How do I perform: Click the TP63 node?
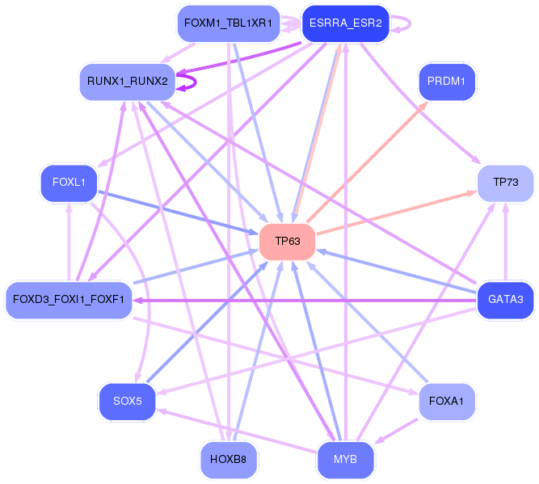[x=288, y=242]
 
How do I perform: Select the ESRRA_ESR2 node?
[x=346, y=23]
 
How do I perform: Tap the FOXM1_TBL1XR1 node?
[x=228, y=23]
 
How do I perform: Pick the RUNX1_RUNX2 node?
[x=128, y=82]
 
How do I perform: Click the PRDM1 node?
[x=447, y=82]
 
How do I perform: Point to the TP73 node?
[x=505, y=183]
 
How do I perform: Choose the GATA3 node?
[x=505, y=300]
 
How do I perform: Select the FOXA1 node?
[x=447, y=401]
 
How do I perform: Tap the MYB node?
[x=346, y=460]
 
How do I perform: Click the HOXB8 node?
[x=228, y=460]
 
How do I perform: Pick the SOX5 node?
[x=127, y=401]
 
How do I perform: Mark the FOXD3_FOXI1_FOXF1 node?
[x=69, y=300]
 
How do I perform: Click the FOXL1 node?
[x=69, y=183]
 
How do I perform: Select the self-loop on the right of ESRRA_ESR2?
[x=410, y=23]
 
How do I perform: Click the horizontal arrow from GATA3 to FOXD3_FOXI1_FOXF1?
[x=305, y=301]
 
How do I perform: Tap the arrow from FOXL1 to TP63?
[x=178, y=213]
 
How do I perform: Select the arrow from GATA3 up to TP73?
[x=505, y=242]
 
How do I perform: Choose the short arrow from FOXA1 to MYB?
[x=396, y=431]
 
